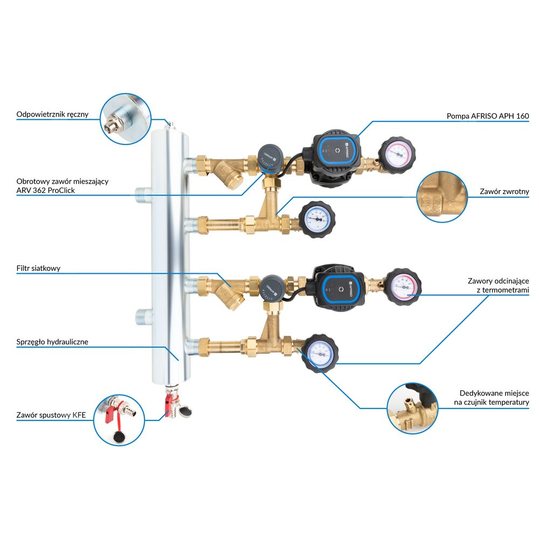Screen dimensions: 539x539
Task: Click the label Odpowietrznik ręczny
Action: [x=52, y=114]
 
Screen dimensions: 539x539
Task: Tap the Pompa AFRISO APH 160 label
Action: [x=487, y=116]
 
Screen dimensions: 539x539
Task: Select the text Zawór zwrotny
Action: [x=505, y=191]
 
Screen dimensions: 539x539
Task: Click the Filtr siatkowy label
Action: [x=38, y=268]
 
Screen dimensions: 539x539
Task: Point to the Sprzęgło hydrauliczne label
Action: [x=52, y=342]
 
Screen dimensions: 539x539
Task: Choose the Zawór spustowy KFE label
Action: [x=51, y=415]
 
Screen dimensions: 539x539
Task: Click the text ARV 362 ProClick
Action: [x=45, y=190]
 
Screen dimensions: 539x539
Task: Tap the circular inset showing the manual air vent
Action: [x=126, y=119]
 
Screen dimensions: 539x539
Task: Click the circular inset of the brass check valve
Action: [x=442, y=197]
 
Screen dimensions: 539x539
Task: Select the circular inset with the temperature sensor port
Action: [x=412, y=408]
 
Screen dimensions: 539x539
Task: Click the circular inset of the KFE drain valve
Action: [x=119, y=420]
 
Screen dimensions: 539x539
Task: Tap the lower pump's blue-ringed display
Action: [x=341, y=288]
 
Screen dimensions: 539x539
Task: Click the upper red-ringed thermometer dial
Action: [x=397, y=154]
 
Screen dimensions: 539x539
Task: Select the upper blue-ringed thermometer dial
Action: [x=316, y=219]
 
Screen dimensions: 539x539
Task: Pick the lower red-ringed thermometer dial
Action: [x=403, y=286]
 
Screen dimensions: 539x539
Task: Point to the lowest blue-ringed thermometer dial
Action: [x=320, y=353]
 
